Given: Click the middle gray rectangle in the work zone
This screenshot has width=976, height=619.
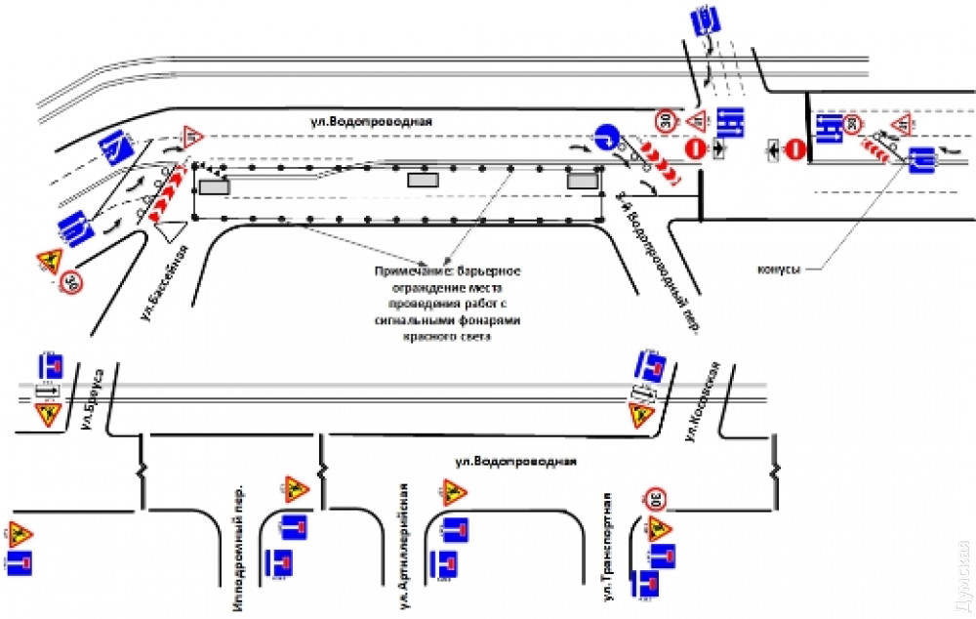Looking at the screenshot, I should (x=423, y=180).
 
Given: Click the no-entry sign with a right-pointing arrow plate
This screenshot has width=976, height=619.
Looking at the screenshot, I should (x=694, y=148).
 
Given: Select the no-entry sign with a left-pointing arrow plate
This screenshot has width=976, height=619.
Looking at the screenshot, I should (x=795, y=149).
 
